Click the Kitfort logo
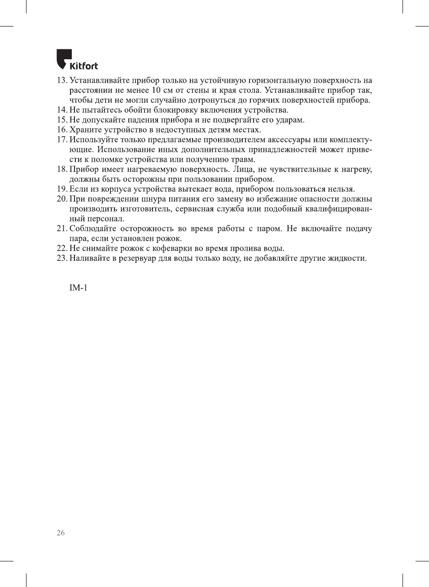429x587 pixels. coord(77,60)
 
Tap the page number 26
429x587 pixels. coord(61,533)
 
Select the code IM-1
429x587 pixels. coord(78,287)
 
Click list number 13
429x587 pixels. coord(61,80)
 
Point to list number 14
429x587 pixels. coord(61,110)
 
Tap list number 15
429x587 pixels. coord(61,120)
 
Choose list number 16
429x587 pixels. coord(61,130)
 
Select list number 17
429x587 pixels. coord(61,140)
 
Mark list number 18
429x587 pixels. coord(61,169)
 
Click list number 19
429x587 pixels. coord(61,189)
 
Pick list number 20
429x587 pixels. coord(61,199)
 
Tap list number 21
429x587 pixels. coord(61,229)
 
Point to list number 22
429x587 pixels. coord(61,248)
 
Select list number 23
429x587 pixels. coord(61,258)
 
